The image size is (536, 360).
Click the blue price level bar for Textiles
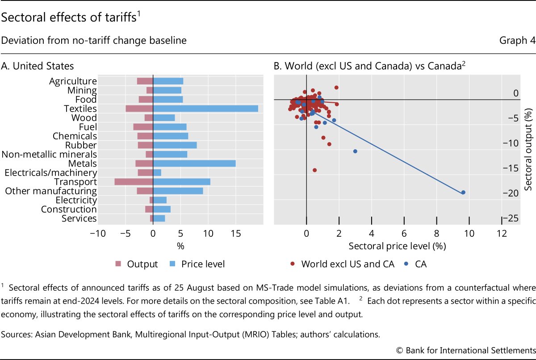205,109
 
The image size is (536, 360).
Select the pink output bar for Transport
134,182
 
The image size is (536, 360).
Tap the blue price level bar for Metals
194,163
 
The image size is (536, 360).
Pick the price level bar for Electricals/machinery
157,172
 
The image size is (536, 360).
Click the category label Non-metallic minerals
49,155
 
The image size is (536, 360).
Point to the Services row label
80,218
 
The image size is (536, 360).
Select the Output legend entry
137,264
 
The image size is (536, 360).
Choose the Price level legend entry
197,264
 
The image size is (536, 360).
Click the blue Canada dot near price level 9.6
463,193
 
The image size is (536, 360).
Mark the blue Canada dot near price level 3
355,151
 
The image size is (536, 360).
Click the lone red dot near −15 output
314,170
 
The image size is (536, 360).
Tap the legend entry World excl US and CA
343,264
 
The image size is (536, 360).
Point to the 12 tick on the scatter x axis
502,233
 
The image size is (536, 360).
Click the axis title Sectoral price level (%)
397,246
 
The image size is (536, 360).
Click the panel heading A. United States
38,66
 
